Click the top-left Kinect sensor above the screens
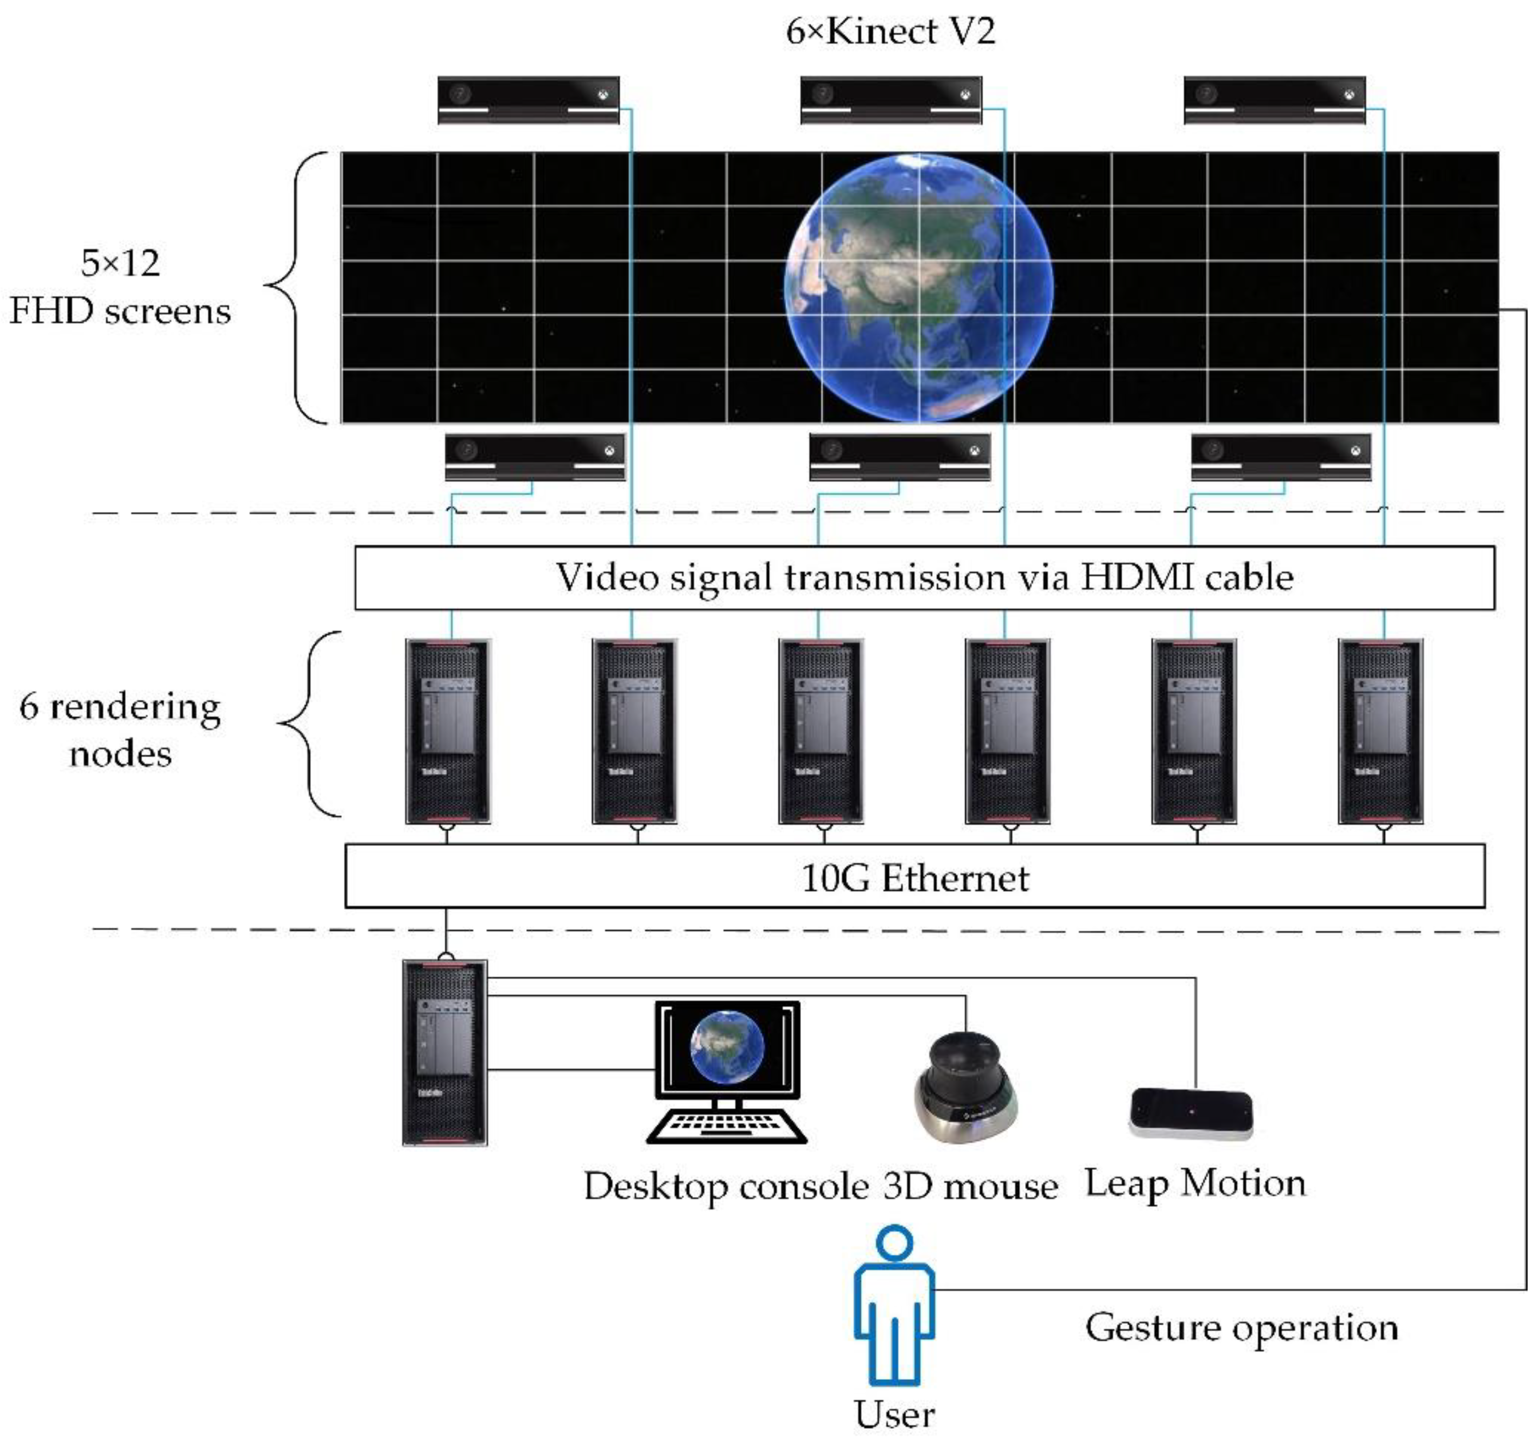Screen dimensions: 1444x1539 (528, 99)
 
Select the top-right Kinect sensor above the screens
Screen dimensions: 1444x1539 (1274, 99)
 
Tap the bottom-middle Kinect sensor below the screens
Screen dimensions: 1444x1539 (900, 457)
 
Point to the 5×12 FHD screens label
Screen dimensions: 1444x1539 (120, 287)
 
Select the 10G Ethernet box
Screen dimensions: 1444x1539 (914, 877)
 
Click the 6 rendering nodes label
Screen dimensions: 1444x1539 (120, 730)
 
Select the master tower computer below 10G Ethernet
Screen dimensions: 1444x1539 (445, 1052)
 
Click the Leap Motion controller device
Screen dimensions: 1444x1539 (1191, 1113)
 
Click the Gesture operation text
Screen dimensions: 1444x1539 (1241, 1328)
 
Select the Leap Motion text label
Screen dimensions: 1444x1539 (1194, 1183)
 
